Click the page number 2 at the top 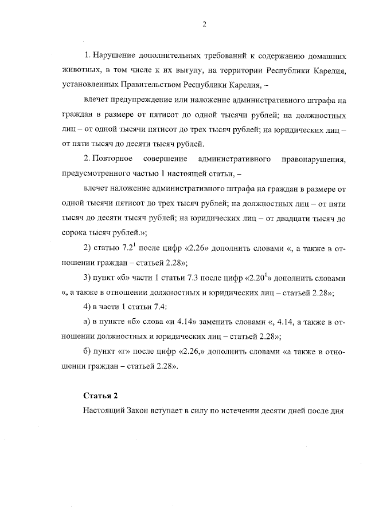pos(204,23)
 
